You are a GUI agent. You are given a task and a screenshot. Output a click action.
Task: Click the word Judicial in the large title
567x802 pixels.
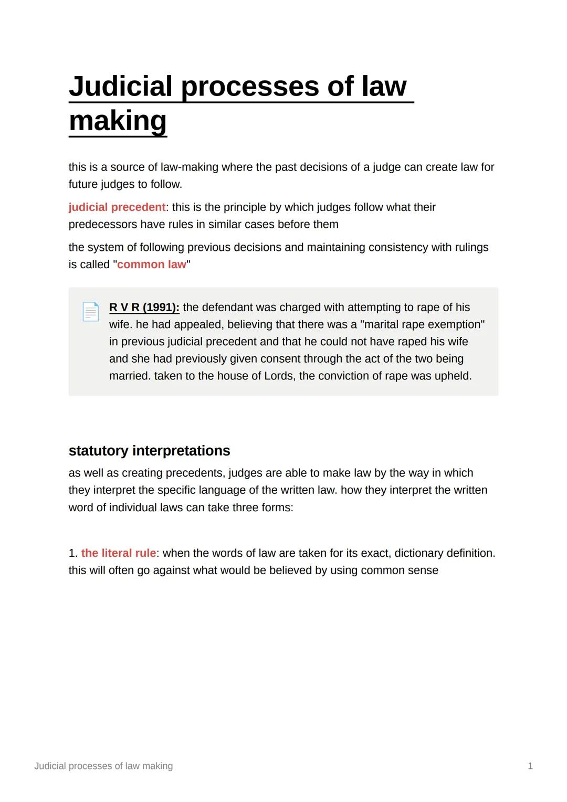(120, 86)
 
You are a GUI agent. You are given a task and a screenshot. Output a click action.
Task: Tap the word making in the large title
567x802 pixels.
(118, 121)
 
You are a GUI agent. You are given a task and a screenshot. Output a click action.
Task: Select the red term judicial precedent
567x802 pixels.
(117, 207)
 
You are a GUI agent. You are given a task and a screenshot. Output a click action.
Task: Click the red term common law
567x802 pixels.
(151, 265)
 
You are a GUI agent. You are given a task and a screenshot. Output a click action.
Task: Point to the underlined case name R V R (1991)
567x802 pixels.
(144, 308)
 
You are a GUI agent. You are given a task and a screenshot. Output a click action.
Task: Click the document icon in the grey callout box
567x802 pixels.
(90, 312)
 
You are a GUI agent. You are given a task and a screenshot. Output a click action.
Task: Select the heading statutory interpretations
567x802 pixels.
(149, 451)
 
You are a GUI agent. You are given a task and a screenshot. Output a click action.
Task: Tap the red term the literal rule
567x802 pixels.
(118, 553)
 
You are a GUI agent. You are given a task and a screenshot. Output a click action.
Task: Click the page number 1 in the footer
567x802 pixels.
(530, 766)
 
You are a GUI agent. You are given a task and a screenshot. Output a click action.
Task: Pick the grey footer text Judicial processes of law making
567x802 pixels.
(103, 766)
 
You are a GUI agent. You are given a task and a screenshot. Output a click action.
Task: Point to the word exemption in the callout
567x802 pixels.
(456, 324)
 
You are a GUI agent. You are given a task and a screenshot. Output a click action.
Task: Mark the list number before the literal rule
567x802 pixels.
(73, 553)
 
